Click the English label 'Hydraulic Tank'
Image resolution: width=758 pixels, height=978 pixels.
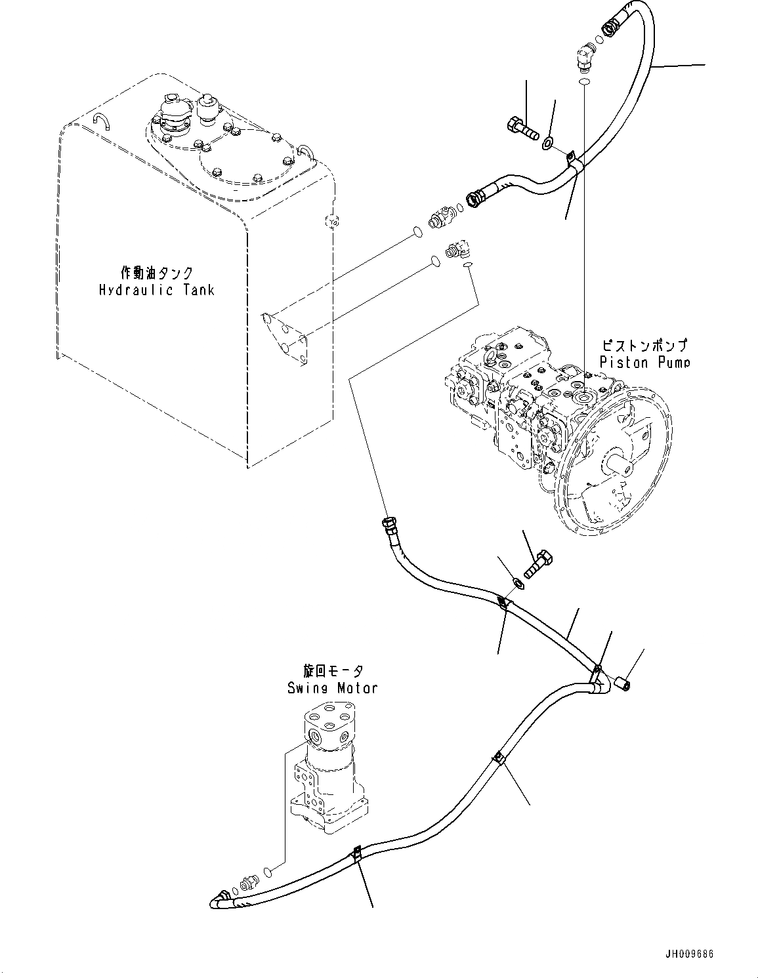click(156, 289)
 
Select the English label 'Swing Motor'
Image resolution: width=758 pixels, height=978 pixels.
click(332, 687)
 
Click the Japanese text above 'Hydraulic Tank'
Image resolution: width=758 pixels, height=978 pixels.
click(157, 272)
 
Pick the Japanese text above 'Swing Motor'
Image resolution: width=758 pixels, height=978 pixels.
click(333, 671)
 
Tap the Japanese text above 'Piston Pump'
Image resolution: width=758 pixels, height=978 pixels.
click(646, 345)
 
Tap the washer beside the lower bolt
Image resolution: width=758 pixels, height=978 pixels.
click(517, 583)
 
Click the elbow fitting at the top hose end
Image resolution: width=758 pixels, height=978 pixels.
click(583, 58)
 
